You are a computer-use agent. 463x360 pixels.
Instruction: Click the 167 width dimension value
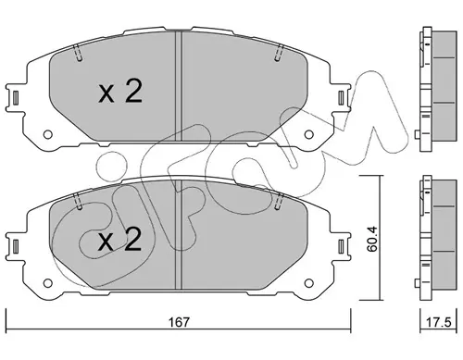(x=178, y=322)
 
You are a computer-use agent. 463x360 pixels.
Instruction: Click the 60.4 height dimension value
(x=372, y=239)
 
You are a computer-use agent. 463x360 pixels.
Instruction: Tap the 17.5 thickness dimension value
(x=439, y=322)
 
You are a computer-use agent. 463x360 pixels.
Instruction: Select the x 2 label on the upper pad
(x=120, y=92)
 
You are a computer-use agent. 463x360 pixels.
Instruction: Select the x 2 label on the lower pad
(x=119, y=240)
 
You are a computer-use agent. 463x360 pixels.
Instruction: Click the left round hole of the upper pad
(x=47, y=134)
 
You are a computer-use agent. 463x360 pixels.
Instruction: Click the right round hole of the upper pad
(x=308, y=134)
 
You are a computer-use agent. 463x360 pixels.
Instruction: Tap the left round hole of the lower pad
(x=47, y=283)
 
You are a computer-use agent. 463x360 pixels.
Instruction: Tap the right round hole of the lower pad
(x=308, y=283)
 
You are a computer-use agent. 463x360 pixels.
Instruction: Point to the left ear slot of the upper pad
(x=16, y=97)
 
